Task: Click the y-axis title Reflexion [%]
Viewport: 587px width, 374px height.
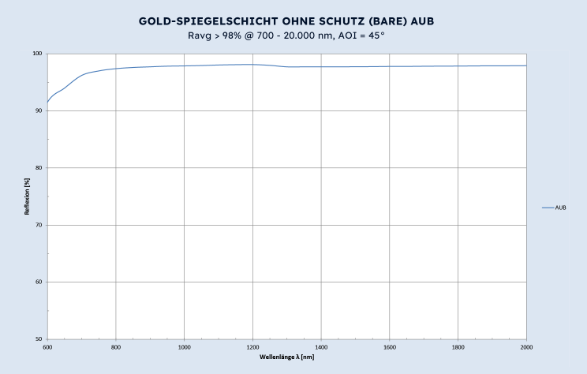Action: point(27,196)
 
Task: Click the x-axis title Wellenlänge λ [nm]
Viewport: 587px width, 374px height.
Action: point(287,357)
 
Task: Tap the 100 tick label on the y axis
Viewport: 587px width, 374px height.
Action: point(37,54)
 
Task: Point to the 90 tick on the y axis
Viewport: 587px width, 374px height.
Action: point(39,110)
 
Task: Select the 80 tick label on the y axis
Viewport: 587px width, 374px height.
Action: point(39,168)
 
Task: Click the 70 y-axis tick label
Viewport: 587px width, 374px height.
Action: point(39,225)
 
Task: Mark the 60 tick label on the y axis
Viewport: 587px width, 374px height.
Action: point(39,282)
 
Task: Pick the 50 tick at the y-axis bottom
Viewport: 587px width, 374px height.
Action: point(39,339)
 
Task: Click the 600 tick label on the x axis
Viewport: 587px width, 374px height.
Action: point(47,346)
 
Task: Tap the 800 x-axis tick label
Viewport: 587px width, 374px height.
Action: point(116,346)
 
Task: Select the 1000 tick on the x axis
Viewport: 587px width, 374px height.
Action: point(184,346)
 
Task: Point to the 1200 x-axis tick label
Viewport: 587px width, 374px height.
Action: point(252,346)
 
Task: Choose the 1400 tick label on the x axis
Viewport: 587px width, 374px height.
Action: point(321,346)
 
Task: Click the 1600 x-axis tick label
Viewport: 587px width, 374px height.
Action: point(390,346)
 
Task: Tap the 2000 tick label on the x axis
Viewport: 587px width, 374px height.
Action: point(526,346)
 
